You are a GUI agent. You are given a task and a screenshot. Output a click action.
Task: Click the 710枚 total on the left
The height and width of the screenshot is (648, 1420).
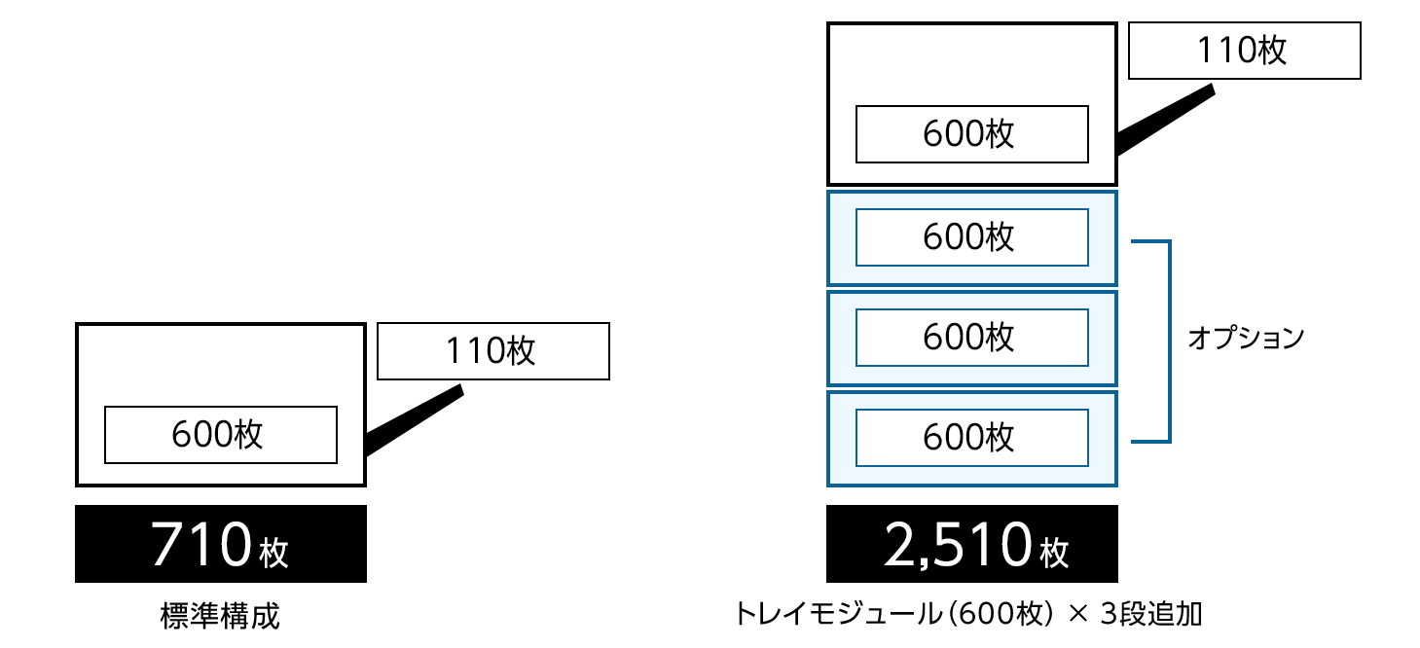point(220,546)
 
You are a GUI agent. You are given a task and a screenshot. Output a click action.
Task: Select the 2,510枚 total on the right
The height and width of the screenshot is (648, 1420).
point(976,546)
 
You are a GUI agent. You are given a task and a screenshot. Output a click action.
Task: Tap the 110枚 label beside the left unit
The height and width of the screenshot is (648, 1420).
point(492,350)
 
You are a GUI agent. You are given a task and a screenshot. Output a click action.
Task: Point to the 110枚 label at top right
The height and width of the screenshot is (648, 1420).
point(1244,51)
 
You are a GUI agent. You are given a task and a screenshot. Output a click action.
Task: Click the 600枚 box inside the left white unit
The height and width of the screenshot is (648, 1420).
point(220,434)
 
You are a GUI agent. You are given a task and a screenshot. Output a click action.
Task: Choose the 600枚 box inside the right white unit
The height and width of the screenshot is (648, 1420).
point(971,134)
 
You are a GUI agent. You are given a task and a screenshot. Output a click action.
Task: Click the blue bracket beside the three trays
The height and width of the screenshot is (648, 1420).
point(1168,341)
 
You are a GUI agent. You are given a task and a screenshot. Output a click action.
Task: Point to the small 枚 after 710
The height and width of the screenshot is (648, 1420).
point(274,554)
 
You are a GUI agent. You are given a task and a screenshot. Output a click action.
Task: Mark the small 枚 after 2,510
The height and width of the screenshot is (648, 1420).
point(1054,554)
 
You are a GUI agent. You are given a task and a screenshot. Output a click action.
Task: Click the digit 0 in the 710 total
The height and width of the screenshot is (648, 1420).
point(234,545)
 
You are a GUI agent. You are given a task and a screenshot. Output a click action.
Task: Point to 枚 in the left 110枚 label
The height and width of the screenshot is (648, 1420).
point(521,350)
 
